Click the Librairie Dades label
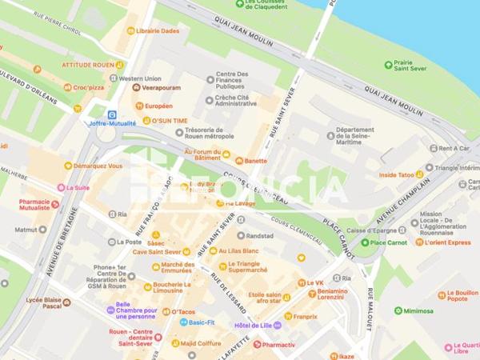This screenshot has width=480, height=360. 157,30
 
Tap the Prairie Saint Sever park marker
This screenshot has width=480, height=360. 388,65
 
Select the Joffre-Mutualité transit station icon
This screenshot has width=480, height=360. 112,114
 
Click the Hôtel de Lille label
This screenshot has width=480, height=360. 253,326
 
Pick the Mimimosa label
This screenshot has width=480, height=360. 418,310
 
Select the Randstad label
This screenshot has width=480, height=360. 260,236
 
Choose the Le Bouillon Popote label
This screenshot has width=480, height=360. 461,298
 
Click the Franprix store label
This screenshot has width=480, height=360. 304,316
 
